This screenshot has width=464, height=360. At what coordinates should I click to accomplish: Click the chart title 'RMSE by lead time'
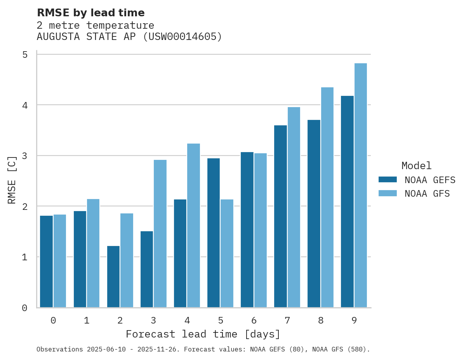point(90,13)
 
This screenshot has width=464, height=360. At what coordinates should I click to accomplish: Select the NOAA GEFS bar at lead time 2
point(113,277)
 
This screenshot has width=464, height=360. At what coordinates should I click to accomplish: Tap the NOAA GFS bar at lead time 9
point(361,185)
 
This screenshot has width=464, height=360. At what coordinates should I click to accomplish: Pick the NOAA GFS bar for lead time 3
point(160,234)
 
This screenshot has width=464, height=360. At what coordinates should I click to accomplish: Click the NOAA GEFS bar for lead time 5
point(214,233)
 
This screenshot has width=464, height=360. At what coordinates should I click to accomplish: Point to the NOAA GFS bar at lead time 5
point(227,253)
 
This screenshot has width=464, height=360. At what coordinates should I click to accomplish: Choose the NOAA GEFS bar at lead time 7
point(280,216)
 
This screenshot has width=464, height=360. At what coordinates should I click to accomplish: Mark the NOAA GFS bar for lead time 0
point(60,261)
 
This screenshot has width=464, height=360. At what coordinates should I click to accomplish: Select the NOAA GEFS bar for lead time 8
point(314,213)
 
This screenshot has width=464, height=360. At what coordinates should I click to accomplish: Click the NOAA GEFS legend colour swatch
point(388,180)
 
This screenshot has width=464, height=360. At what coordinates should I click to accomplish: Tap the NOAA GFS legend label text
point(427,194)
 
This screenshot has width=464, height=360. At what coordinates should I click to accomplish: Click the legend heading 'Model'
point(416,166)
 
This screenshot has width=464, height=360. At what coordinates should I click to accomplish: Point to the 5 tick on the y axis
point(25,55)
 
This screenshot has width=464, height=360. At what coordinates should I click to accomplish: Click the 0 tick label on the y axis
point(25,308)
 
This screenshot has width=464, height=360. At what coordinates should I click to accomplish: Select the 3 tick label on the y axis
point(25,156)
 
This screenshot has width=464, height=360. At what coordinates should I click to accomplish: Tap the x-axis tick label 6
point(254,320)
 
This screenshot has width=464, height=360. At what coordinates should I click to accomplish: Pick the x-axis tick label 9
point(354,320)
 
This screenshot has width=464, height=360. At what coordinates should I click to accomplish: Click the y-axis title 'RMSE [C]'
point(12,180)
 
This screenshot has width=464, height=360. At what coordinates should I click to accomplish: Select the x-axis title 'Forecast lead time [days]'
point(203,334)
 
